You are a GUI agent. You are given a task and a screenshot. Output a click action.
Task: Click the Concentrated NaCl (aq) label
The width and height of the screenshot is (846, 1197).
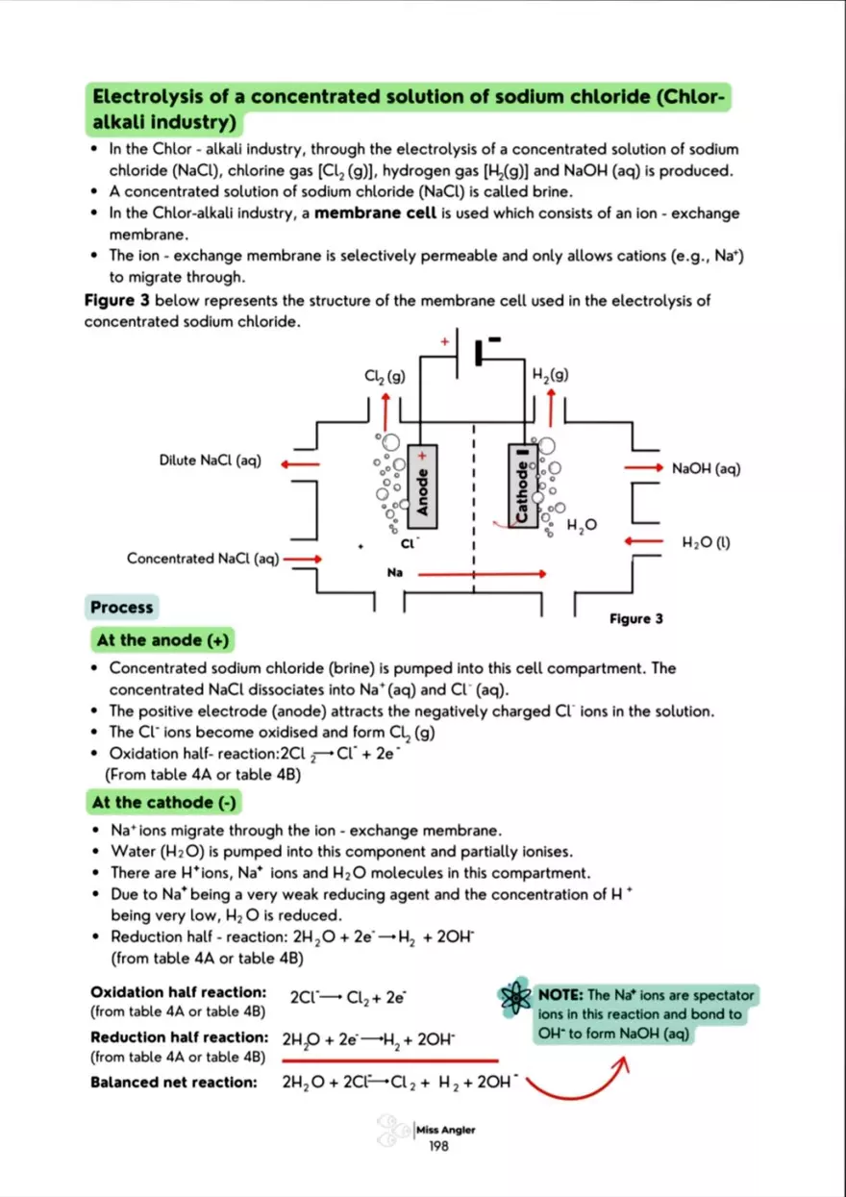pos(202,559)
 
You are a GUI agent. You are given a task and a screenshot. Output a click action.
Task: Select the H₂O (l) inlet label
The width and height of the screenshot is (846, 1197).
pos(707,542)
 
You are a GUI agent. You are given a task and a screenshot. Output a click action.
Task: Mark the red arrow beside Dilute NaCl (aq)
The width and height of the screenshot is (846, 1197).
pos(301,463)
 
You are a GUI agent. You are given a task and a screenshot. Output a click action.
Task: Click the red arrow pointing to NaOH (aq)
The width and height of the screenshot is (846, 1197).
pos(645,467)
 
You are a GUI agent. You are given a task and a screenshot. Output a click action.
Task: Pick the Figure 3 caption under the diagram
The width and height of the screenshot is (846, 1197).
pos(635,619)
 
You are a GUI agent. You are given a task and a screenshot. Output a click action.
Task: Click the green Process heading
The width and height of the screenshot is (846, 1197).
pos(121,608)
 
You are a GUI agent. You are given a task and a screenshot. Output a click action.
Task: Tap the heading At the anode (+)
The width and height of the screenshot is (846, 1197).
pos(162,639)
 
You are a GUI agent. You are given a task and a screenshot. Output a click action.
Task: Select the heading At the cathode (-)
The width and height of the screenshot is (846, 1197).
pos(165,802)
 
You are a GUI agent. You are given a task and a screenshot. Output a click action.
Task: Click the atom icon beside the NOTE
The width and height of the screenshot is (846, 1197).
pos(514,1002)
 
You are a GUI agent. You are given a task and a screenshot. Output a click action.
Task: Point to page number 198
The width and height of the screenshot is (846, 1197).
pos(445,1145)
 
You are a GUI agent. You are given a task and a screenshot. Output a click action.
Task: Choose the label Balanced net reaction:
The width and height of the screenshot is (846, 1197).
pos(173,1083)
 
